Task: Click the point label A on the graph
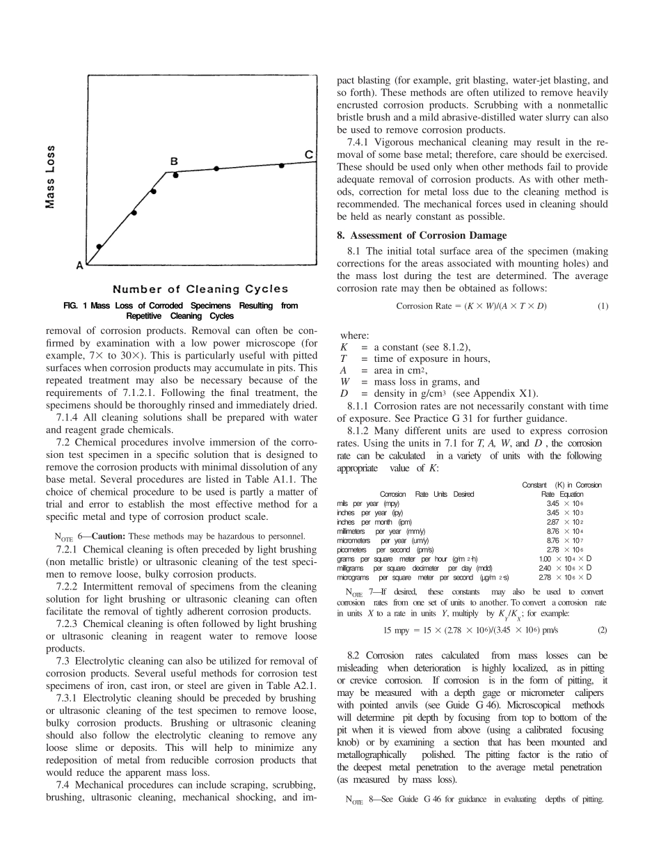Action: coord(79,264)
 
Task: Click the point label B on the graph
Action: coord(174,161)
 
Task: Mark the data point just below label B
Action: coord(175,175)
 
